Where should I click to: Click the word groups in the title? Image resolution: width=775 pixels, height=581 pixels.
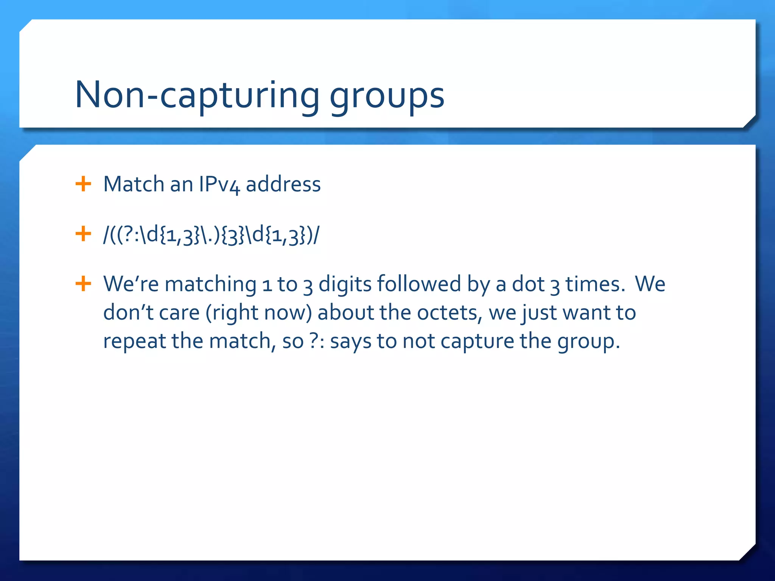[387, 96]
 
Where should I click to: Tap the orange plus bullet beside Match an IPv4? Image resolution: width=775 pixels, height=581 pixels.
[83, 184]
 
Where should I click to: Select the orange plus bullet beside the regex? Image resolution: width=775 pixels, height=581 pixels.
[83, 234]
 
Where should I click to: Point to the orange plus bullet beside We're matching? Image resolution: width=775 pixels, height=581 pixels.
[83, 284]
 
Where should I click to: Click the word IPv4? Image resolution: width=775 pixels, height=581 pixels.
[219, 185]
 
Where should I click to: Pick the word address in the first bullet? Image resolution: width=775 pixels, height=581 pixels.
[283, 184]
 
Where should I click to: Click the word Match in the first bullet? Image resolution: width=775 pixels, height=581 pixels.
[134, 184]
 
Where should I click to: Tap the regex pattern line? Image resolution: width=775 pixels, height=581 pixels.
[211, 235]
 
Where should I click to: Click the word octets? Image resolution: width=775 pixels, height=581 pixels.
[449, 312]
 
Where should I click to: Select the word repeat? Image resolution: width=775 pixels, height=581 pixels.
[134, 341]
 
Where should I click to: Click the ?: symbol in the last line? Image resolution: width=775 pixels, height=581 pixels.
[316, 341]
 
